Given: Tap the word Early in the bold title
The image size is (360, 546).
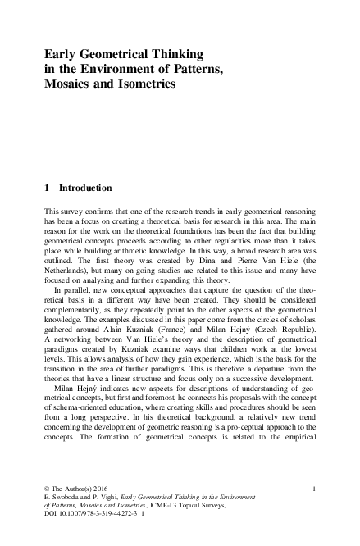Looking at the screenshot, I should (x=62, y=54).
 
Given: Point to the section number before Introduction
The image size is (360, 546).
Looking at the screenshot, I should (x=48, y=188).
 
